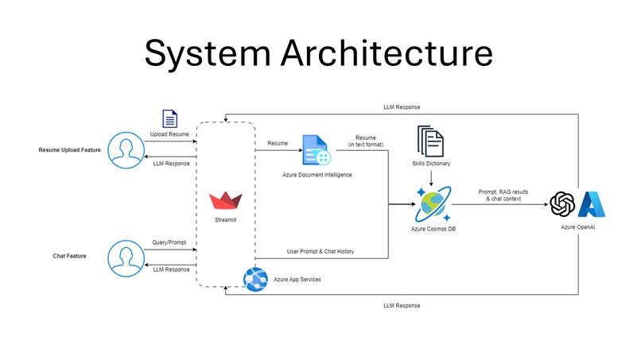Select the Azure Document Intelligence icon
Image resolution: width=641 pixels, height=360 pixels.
pos(315,150)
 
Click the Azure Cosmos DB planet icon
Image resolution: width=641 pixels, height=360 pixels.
pos(433,203)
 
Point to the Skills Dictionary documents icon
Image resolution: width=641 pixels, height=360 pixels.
pos(430,142)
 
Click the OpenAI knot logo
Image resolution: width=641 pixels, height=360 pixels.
pos(562,204)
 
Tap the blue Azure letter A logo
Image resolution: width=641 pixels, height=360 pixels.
pos(593,204)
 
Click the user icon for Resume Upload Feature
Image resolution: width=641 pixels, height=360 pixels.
pos(125,150)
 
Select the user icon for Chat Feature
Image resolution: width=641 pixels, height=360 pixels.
pos(125,256)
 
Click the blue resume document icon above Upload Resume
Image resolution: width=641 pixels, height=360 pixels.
pos(169,119)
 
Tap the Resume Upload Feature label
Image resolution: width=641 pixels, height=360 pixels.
pos(70,150)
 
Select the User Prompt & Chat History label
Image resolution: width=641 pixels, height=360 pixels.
pos(320,252)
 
